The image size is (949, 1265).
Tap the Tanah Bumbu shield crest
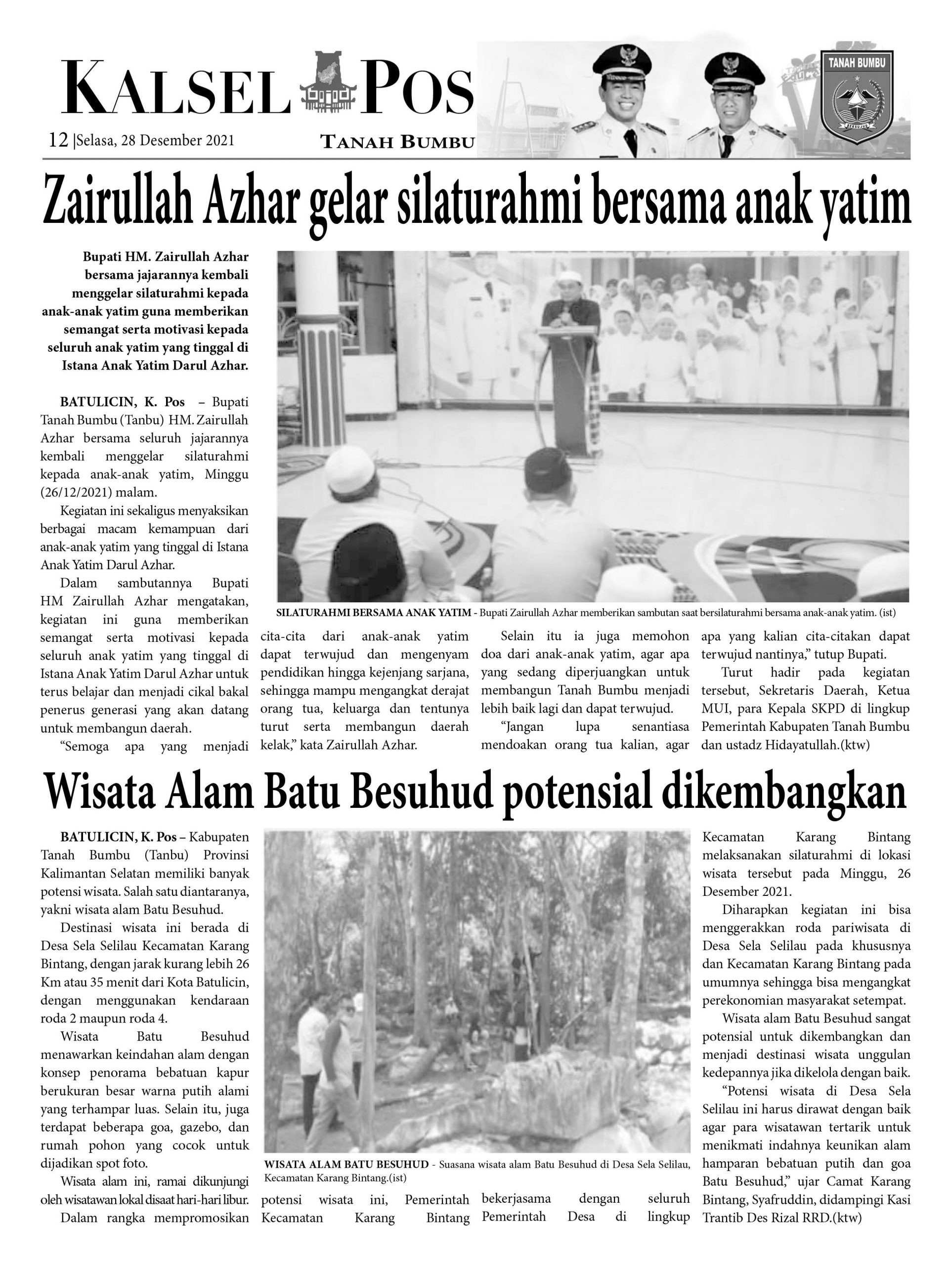(x=857, y=94)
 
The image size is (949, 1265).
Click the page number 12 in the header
(x=58, y=140)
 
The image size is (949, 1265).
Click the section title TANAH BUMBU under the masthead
(x=397, y=142)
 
